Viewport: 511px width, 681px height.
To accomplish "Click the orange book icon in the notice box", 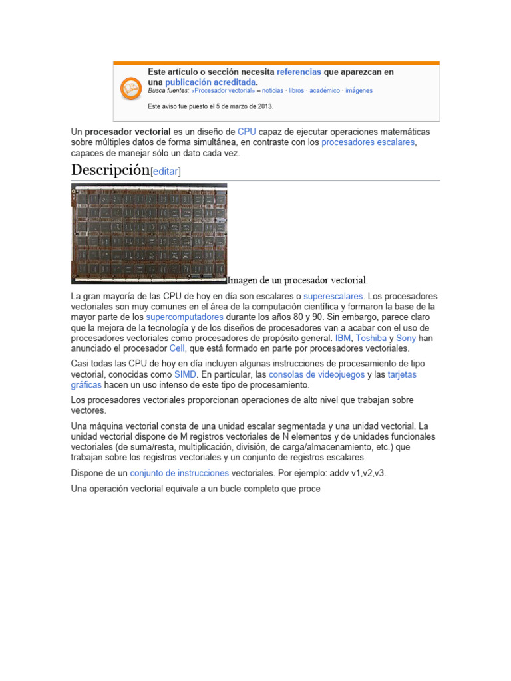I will (x=129, y=88).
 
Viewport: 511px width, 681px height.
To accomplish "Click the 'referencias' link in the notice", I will (x=299, y=72).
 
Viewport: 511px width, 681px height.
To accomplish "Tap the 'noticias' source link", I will (x=273, y=91).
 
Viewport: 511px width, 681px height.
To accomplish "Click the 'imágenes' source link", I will (x=359, y=91).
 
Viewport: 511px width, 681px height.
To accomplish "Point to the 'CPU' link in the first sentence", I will (x=247, y=132).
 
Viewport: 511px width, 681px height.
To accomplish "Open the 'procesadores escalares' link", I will (x=368, y=142).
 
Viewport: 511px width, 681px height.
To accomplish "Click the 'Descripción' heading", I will (x=110, y=170).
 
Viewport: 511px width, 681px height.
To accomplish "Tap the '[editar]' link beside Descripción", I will (x=166, y=172).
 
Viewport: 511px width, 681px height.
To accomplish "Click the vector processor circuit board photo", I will (x=149, y=233).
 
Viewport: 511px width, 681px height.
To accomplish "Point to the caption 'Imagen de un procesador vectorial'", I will (x=297, y=280).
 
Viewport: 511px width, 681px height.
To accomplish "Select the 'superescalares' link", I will (x=333, y=295).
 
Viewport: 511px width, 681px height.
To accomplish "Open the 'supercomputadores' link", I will (x=185, y=317).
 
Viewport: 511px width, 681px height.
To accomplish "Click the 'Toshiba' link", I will (x=371, y=338).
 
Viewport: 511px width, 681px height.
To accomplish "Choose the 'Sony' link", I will (x=406, y=338).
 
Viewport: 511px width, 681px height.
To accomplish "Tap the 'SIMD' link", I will (x=186, y=374).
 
